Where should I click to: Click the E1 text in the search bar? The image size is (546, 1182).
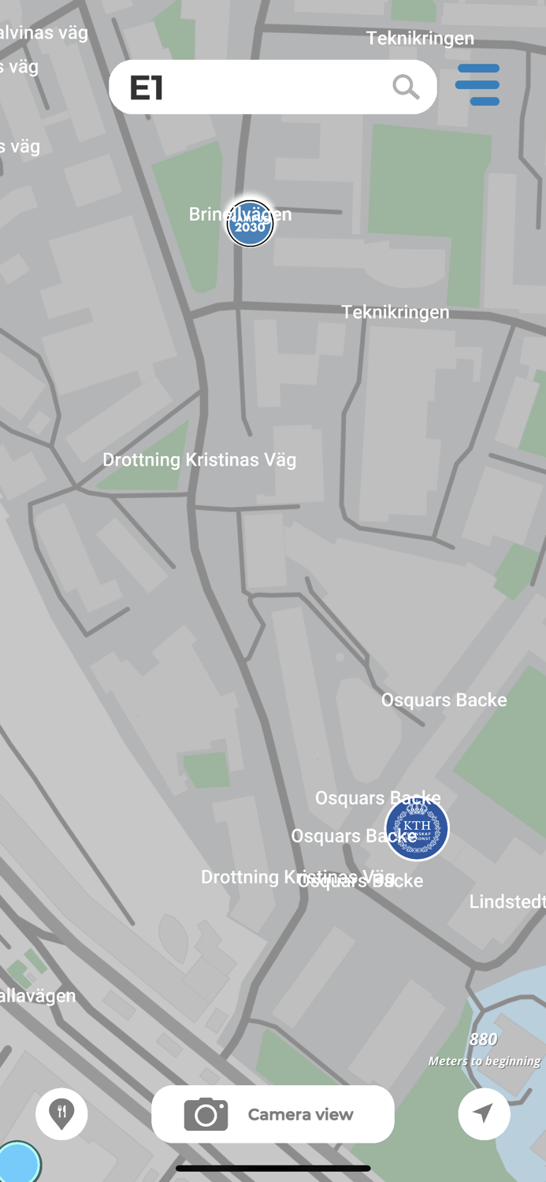(x=147, y=87)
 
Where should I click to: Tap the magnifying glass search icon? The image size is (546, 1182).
(x=406, y=87)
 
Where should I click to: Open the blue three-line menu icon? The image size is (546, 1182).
(x=477, y=85)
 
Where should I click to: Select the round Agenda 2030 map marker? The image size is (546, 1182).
(x=250, y=224)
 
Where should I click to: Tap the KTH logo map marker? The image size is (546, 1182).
(x=417, y=829)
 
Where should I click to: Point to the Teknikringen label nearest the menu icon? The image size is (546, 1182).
(x=420, y=38)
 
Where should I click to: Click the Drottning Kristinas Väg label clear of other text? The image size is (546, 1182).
(x=199, y=459)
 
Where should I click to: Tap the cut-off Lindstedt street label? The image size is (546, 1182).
(x=507, y=901)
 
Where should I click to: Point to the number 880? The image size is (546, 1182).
(x=483, y=1039)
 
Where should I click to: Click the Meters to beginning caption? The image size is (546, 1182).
(x=485, y=1061)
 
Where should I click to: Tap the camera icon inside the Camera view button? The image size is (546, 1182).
(x=206, y=1114)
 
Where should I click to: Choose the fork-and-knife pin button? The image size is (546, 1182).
(x=61, y=1113)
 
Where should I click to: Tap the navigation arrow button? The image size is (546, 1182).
(x=484, y=1113)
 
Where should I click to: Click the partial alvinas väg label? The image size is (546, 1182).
(x=44, y=32)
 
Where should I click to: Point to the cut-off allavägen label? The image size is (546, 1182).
(x=38, y=995)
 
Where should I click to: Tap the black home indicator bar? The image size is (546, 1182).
(x=273, y=1169)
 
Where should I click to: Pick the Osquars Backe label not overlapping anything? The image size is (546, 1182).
(x=444, y=700)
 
